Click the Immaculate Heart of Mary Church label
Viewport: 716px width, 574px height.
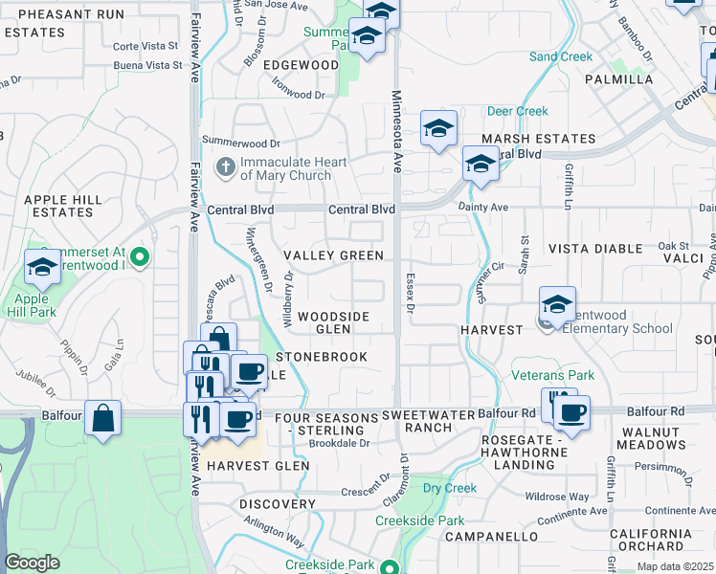(285, 168)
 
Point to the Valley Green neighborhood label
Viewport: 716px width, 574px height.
(334, 255)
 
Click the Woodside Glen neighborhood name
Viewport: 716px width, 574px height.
(333, 322)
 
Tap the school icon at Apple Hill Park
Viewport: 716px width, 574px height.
(42, 270)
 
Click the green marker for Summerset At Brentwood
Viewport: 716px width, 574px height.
(140, 255)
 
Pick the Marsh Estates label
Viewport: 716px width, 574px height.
(538, 139)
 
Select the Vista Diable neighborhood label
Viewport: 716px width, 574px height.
(594, 248)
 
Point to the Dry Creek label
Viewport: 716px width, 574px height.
(450, 488)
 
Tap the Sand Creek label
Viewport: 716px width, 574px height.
(561, 56)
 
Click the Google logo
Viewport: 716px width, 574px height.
(33, 563)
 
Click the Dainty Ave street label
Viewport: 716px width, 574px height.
(487, 207)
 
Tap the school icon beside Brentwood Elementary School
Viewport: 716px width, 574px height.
(557, 304)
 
